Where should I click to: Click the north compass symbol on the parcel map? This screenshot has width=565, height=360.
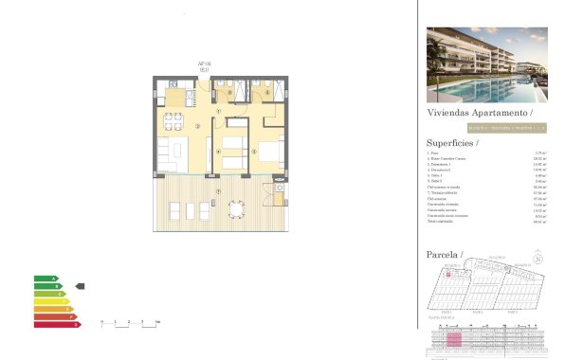tap(538, 258)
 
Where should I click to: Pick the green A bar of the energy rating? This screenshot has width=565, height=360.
tap(46, 279)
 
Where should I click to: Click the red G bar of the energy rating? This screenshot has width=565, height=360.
tap(57, 324)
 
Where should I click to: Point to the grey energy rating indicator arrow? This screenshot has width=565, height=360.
tap(81, 286)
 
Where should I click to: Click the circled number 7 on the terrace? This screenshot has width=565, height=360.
tap(218, 193)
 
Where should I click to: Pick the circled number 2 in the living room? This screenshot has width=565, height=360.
tap(197, 126)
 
